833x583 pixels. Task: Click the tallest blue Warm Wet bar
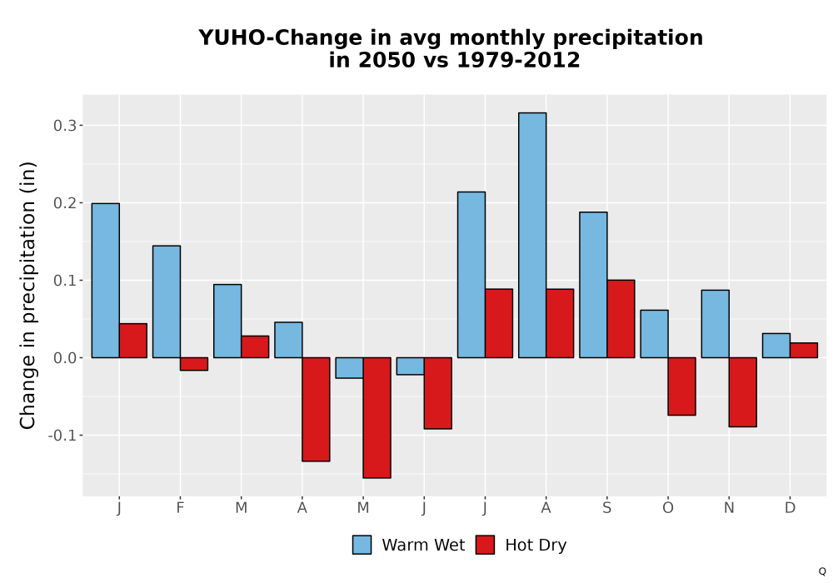tap(532, 235)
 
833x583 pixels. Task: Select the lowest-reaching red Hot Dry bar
tap(377, 418)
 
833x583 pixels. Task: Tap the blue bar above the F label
tap(167, 301)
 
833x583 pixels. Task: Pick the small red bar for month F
tap(194, 364)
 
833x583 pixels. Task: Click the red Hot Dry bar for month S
tap(621, 319)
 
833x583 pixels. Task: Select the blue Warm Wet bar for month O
tap(655, 334)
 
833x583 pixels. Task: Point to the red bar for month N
tap(743, 391)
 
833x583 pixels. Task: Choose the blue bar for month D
tap(776, 346)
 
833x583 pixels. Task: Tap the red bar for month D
tap(804, 351)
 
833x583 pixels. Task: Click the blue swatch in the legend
tap(362, 545)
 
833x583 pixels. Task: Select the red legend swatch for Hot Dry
tap(485, 545)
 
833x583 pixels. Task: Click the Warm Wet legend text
tap(423, 546)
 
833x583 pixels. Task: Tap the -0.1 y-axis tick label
tap(62, 436)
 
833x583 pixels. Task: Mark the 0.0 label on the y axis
tap(65, 358)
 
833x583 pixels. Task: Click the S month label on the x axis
tap(606, 508)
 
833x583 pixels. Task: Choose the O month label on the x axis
tap(668, 508)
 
